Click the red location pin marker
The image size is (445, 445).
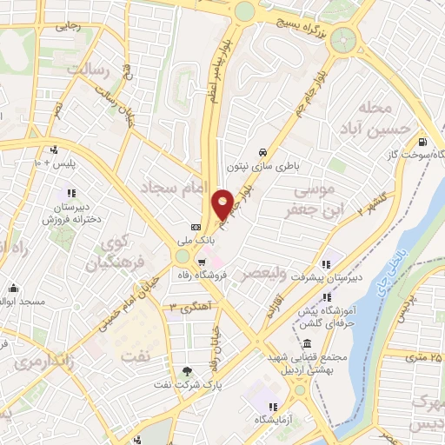(223, 204)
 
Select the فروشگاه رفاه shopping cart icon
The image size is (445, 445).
(202, 261)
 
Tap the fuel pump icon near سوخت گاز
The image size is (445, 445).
(422, 143)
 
